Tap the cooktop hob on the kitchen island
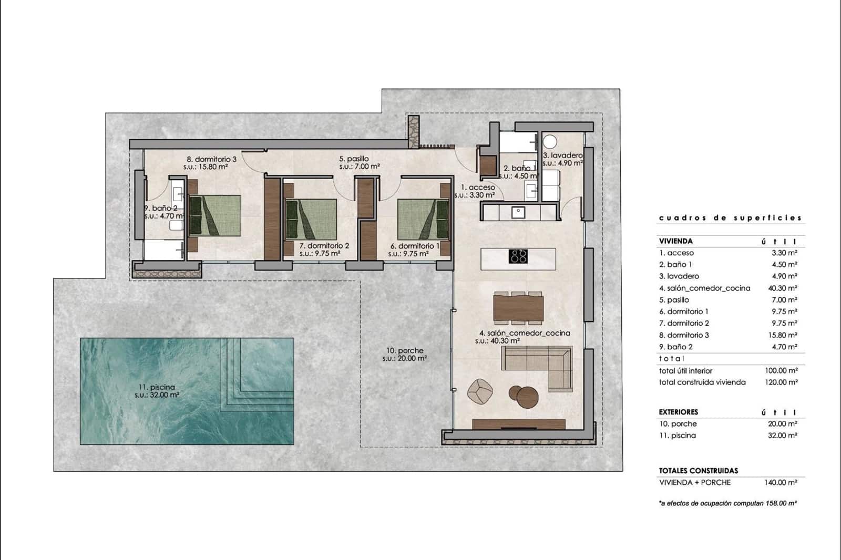tap(518, 256)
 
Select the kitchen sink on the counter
tap(518, 212)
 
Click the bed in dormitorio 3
tap(214, 215)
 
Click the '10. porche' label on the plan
tap(405, 351)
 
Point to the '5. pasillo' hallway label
tap(354, 159)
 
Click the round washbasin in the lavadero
tap(550, 142)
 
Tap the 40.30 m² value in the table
tap(783, 288)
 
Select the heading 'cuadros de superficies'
tap(730, 217)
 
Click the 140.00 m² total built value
tap(781, 482)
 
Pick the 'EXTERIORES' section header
tap(679, 412)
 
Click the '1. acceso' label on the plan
tap(478, 187)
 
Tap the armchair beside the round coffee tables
tap(480, 391)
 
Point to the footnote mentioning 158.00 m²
tap(728, 503)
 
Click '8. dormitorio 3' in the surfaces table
tap(684, 335)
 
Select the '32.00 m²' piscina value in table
tap(782, 435)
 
